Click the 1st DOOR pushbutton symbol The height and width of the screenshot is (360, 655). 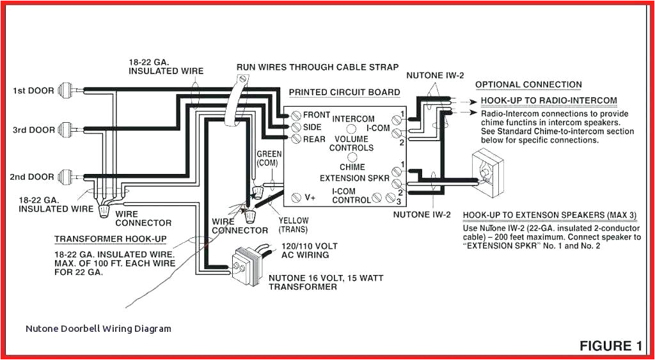click(67, 90)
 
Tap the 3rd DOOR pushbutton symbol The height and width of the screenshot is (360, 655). click(67, 129)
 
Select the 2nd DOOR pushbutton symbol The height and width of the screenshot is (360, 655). click(67, 176)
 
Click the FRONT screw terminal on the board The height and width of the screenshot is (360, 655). click(296, 116)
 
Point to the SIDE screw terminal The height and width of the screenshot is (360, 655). click(296, 127)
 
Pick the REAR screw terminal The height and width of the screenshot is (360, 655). click(296, 137)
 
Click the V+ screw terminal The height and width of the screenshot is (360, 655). click(296, 198)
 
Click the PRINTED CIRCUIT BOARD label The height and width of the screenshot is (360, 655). click(344, 92)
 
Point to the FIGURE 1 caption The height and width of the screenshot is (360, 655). click(610, 346)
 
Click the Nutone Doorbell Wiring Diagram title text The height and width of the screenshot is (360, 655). click(99, 329)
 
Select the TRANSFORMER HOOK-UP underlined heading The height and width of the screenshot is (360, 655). click(110, 239)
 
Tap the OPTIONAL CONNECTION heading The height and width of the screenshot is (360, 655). click(528, 84)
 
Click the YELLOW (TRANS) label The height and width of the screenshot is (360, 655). click(293, 225)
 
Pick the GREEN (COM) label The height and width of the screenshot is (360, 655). click(269, 159)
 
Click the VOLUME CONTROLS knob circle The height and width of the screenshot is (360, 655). click(351, 156)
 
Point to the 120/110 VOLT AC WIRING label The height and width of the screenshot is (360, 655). click(305, 251)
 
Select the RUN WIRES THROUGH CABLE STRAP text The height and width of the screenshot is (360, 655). click(317, 67)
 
